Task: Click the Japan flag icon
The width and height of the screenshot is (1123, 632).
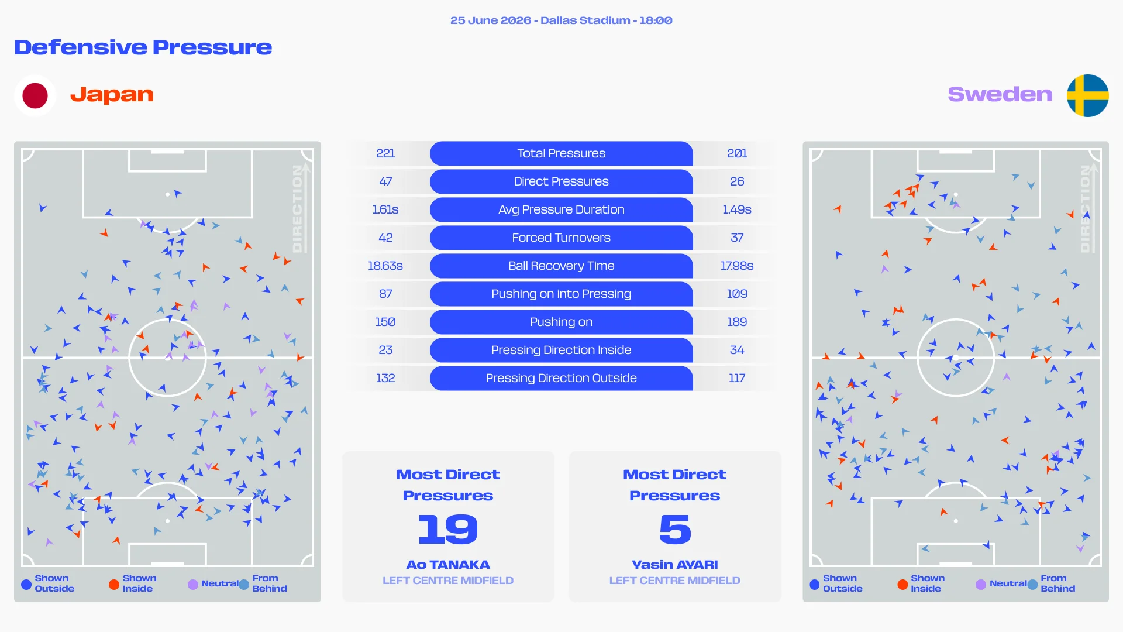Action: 35,95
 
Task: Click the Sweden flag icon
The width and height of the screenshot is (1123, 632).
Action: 1087,95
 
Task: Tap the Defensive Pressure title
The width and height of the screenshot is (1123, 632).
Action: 143,47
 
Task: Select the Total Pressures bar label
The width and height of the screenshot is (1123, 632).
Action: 561,153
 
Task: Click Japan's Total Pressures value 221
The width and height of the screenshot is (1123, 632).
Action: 385,153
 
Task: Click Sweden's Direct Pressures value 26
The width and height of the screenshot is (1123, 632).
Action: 737,181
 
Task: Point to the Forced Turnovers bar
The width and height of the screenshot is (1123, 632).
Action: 561,238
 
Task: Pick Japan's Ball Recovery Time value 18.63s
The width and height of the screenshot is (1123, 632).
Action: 385,266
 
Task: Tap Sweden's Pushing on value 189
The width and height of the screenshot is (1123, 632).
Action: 737,322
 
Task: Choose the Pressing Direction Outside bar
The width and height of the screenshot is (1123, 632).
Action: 561,378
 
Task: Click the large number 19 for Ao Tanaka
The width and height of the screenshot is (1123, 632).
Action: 448,529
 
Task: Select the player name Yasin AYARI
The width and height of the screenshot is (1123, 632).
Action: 675,565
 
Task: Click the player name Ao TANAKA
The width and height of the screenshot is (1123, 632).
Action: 448,565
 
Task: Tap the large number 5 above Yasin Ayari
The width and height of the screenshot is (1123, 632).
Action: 675,529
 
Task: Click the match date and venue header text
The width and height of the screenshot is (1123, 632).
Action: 561,20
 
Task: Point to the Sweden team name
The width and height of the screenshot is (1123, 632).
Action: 1000,94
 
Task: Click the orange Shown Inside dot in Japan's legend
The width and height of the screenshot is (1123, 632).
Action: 114,584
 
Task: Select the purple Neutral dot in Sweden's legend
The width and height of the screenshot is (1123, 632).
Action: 981,584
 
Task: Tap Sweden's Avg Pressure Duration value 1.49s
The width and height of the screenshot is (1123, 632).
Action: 737,209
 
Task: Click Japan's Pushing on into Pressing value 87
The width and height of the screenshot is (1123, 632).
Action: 385,294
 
